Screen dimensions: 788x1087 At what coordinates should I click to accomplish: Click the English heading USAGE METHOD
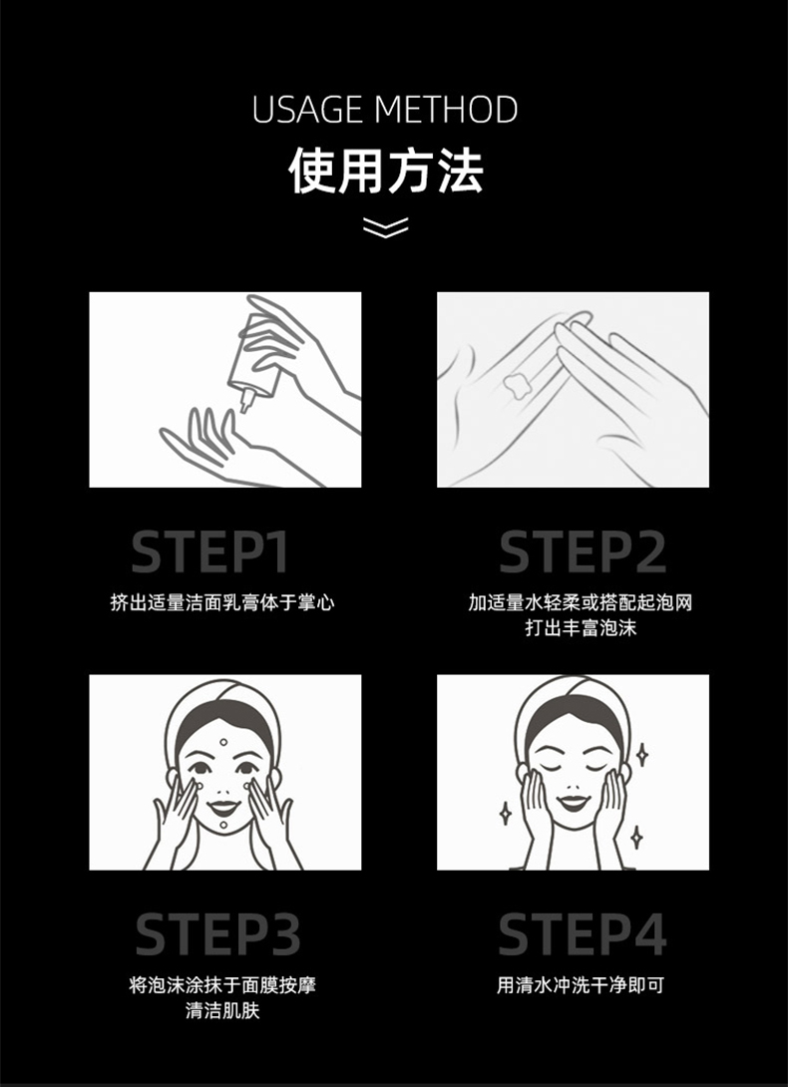coord(385,110)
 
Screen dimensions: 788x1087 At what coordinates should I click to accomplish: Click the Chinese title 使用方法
coord(386,171)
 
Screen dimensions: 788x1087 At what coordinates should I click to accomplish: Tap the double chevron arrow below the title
coord(386,227)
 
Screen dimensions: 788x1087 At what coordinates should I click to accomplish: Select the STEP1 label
coord(210,551)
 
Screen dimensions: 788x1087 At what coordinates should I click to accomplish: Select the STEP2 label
coord(583,551)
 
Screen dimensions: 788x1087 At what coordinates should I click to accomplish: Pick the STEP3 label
coord(217,934)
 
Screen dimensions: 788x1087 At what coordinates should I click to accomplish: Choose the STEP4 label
coord(583,934)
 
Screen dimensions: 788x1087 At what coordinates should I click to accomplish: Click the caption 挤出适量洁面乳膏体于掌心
coord(222,602)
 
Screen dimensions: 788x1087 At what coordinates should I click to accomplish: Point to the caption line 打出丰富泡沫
coord(581,628)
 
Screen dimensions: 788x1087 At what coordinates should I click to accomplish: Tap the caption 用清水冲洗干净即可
coord(581,985)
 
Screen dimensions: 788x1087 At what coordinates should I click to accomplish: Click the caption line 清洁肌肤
coord(222,1011)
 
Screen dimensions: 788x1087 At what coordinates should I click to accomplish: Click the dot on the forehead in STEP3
coord(223,743)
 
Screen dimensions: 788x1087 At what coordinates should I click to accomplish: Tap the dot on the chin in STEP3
coord(223,825)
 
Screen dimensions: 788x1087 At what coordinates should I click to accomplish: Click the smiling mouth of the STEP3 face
coord(223,807)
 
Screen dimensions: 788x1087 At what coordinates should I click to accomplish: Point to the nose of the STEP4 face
coord(573,785)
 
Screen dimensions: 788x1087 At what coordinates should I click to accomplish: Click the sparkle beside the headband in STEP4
coord(642,755)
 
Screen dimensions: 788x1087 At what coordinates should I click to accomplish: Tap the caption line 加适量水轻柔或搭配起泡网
coord(581,602)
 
